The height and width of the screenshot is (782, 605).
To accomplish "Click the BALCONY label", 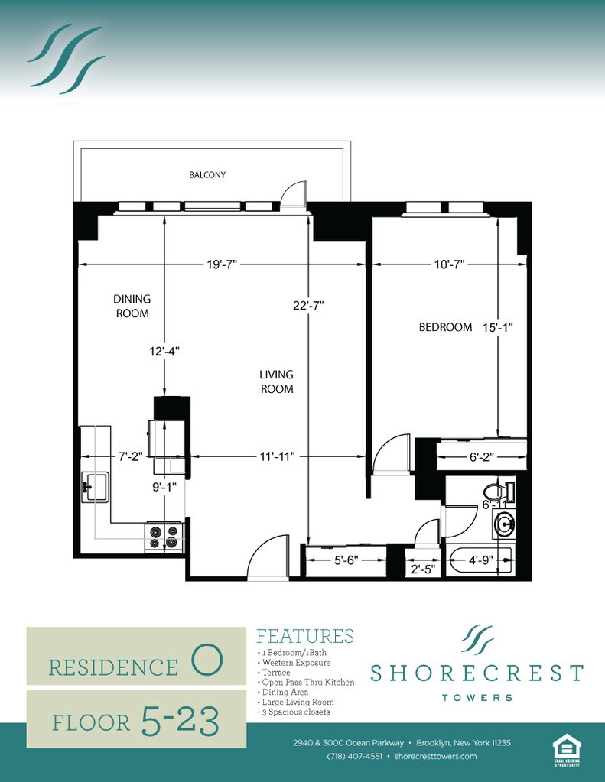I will (207, 175).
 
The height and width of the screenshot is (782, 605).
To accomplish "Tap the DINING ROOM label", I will (132, 306).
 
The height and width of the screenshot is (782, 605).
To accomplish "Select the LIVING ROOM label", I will (276, 381).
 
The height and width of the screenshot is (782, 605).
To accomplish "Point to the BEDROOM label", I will (445, 327).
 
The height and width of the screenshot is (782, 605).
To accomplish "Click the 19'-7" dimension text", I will (222, 264).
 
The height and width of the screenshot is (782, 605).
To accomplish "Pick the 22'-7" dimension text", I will (308, 305).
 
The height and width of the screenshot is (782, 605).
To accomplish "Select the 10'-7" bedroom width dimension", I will (448, 264).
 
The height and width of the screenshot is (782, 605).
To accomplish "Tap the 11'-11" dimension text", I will (277, 456).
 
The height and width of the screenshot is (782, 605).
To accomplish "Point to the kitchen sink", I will (96, 485).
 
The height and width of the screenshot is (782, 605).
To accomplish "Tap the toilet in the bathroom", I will (497, 490).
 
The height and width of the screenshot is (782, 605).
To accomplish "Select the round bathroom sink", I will (504, 524).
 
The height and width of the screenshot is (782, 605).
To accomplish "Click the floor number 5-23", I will (180, 719).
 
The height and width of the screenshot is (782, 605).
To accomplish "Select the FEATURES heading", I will (305, 636).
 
